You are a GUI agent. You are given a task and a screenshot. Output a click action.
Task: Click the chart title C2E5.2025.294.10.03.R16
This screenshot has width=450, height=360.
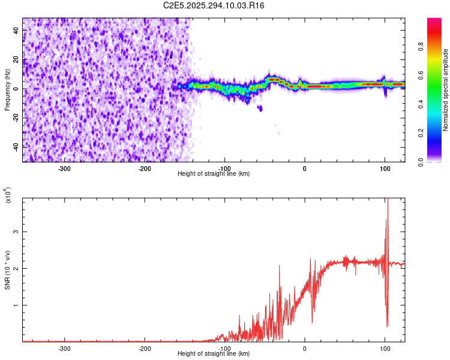point(214,5)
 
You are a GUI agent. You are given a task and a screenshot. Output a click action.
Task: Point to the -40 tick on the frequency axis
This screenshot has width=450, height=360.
point(16,147)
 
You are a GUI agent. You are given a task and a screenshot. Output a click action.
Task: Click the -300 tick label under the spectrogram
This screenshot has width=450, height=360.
point(64,168)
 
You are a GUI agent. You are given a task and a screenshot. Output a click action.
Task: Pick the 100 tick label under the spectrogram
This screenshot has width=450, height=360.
point(385,168)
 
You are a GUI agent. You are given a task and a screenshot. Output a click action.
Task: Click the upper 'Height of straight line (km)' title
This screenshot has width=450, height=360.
point(214,173)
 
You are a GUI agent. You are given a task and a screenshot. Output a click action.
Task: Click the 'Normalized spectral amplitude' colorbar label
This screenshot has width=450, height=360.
point(446,90)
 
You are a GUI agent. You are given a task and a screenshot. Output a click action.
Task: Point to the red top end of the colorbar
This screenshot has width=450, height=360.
point(435,21)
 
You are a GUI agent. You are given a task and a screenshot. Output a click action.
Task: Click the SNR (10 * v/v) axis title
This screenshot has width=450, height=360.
point(7,270)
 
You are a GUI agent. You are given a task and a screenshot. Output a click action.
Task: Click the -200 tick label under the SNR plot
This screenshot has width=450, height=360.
point(144,348)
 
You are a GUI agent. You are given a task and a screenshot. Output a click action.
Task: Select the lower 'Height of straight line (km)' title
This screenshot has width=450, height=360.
point(214,353)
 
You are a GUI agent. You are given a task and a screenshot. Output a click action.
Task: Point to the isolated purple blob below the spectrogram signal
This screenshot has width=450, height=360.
point(260,108)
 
